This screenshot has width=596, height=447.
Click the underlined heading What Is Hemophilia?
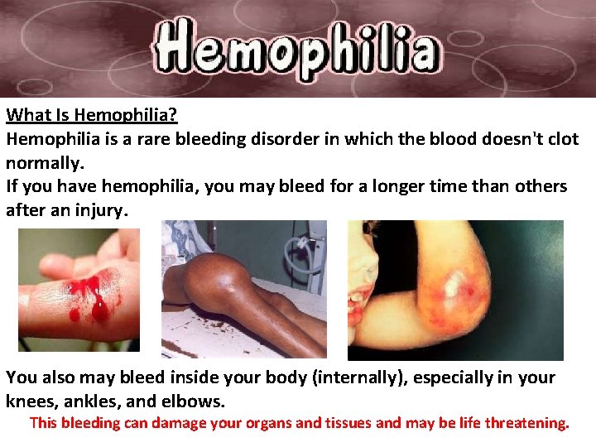[92, 116]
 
